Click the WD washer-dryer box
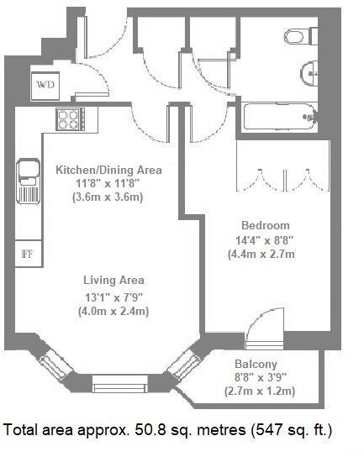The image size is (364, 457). click(45, 83)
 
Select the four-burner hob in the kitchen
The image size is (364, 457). click(68, 118)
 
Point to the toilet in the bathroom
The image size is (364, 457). click(298, 36)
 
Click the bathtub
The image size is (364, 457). click(277, 118)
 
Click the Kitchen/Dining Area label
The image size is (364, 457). click(108, 171)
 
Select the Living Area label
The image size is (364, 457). click(113, 280)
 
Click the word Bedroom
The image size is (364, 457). click(265, 225)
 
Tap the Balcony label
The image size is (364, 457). click(256, 364)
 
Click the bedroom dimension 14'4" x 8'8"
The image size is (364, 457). click(265, 239)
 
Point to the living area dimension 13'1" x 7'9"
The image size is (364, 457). click(113, 295)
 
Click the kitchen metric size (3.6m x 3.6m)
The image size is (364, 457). click(108, 198)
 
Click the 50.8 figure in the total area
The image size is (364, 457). click(149, 430)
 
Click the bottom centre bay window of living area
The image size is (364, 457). click(115, 386)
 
